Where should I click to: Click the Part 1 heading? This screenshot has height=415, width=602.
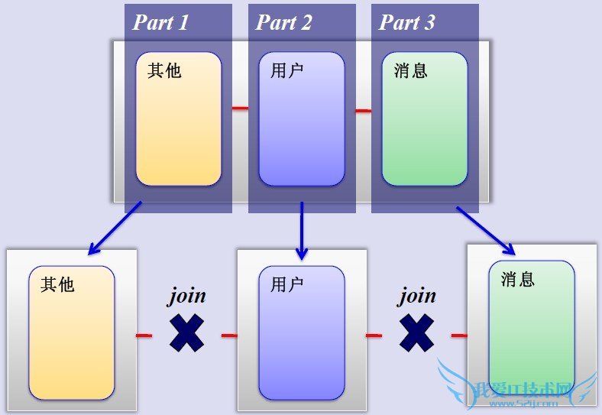pos(160,22)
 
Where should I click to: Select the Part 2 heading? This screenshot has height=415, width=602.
pos(283,22)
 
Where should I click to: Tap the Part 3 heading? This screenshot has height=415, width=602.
pos(406,22)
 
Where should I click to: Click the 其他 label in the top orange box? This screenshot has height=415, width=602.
pos(164,70)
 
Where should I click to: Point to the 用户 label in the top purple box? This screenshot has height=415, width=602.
pos(286,70)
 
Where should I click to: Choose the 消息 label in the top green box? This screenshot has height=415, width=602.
pos(411,70)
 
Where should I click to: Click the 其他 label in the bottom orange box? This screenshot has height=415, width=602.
pos(57,284)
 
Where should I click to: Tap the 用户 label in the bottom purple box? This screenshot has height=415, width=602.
pos(286,284)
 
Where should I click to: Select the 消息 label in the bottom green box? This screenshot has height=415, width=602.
pos(518,279)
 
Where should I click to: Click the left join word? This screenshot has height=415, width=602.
pos(187,295)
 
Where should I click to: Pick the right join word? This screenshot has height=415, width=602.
pos(417,295)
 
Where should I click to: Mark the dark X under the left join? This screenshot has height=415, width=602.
pos(186,333)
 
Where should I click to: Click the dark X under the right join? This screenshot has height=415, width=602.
pos(417,333)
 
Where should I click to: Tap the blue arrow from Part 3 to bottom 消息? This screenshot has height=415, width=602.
pos(486,229)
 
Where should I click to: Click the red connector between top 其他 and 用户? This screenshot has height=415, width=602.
pos(240,109)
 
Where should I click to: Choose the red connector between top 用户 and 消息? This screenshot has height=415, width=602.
pos(363,111)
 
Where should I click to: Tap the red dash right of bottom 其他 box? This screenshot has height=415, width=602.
pos(144,335)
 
